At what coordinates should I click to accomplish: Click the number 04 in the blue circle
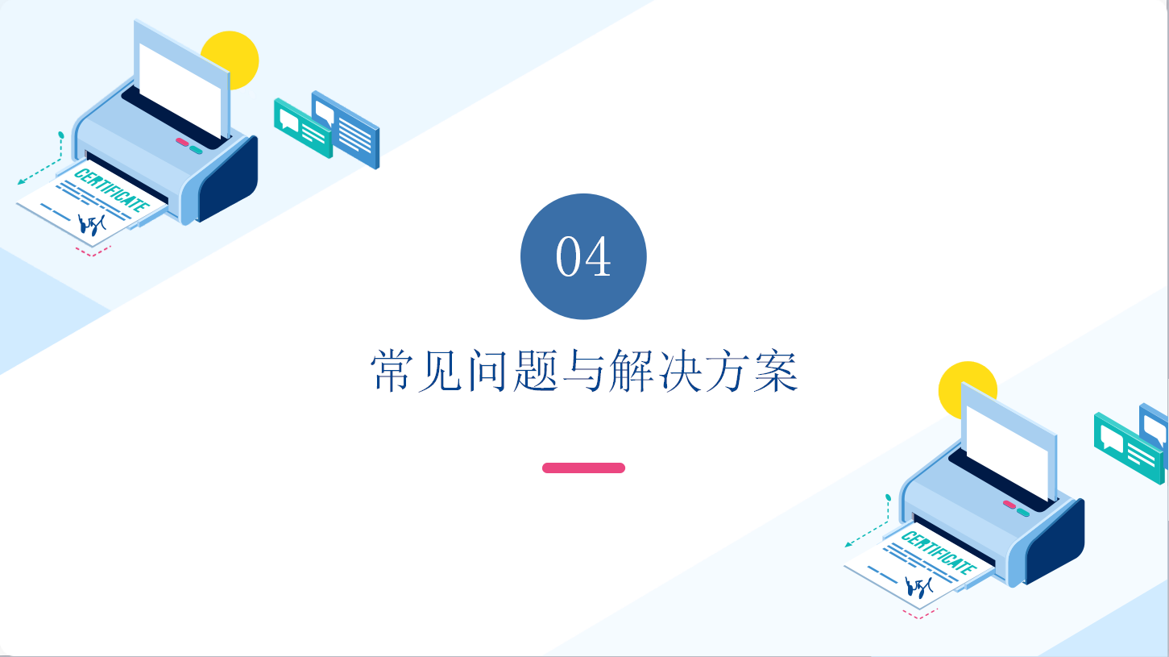[x=583, y=256]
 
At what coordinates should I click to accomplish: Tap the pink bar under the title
[x=583, y=468]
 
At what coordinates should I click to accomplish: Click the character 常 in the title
[x=392, y=371]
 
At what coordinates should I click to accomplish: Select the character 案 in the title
[x=776, y=371]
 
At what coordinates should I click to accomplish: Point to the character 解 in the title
[x=632, y=371]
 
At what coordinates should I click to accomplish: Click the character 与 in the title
[x=583, y=371]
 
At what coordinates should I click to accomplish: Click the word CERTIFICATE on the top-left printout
[x=111, y=190]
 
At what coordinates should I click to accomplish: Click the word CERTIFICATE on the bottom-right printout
[x=939, y=552]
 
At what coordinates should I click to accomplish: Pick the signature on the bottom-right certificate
[x=918, y=587]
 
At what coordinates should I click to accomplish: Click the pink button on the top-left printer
[x=182, y=142]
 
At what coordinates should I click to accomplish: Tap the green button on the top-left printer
[x=196, y=150]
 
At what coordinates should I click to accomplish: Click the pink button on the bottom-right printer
[x=1009, y=505]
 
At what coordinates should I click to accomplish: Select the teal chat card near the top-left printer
[x=303, y=128]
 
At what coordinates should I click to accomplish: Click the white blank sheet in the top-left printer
[x=180, y=89]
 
